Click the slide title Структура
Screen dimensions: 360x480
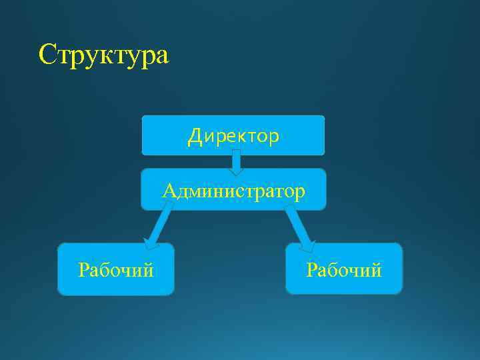(104, 55)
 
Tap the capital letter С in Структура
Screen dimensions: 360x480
(47, 54)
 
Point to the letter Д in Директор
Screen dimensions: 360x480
(194, 137)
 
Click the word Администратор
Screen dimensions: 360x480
(234, 192)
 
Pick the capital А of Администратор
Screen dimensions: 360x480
(169, 192)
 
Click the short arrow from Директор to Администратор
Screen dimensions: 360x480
(236, 162)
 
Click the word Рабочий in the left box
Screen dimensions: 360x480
(116, 270)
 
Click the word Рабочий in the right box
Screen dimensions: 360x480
(344, 270)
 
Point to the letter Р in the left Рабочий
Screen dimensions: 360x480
(83, 270)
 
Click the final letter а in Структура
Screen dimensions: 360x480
(162, 56)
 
